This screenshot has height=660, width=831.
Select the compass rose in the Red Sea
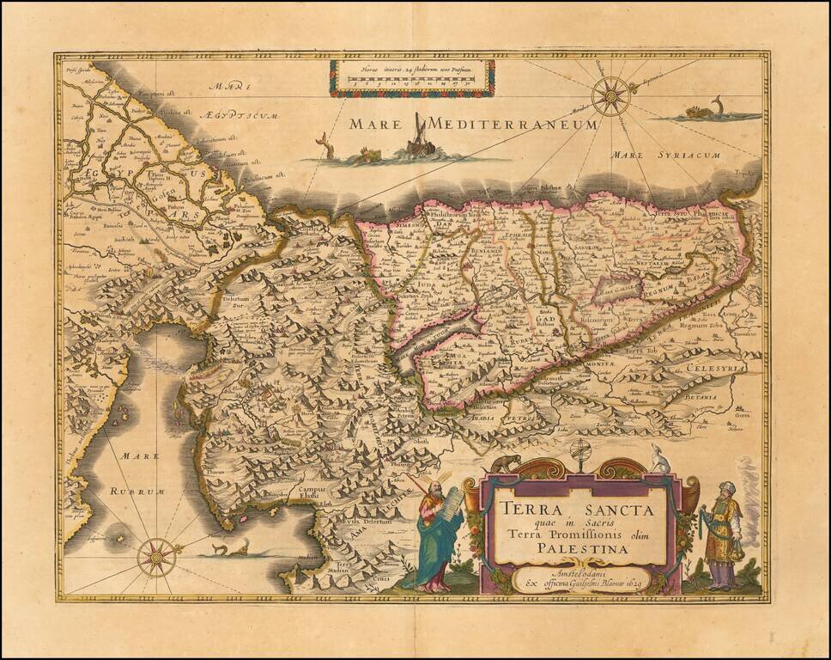(157, 556)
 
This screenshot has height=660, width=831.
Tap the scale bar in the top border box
(411, 78)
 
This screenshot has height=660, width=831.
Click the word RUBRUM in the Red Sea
(136, 491)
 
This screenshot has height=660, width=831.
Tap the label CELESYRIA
(715, 368)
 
